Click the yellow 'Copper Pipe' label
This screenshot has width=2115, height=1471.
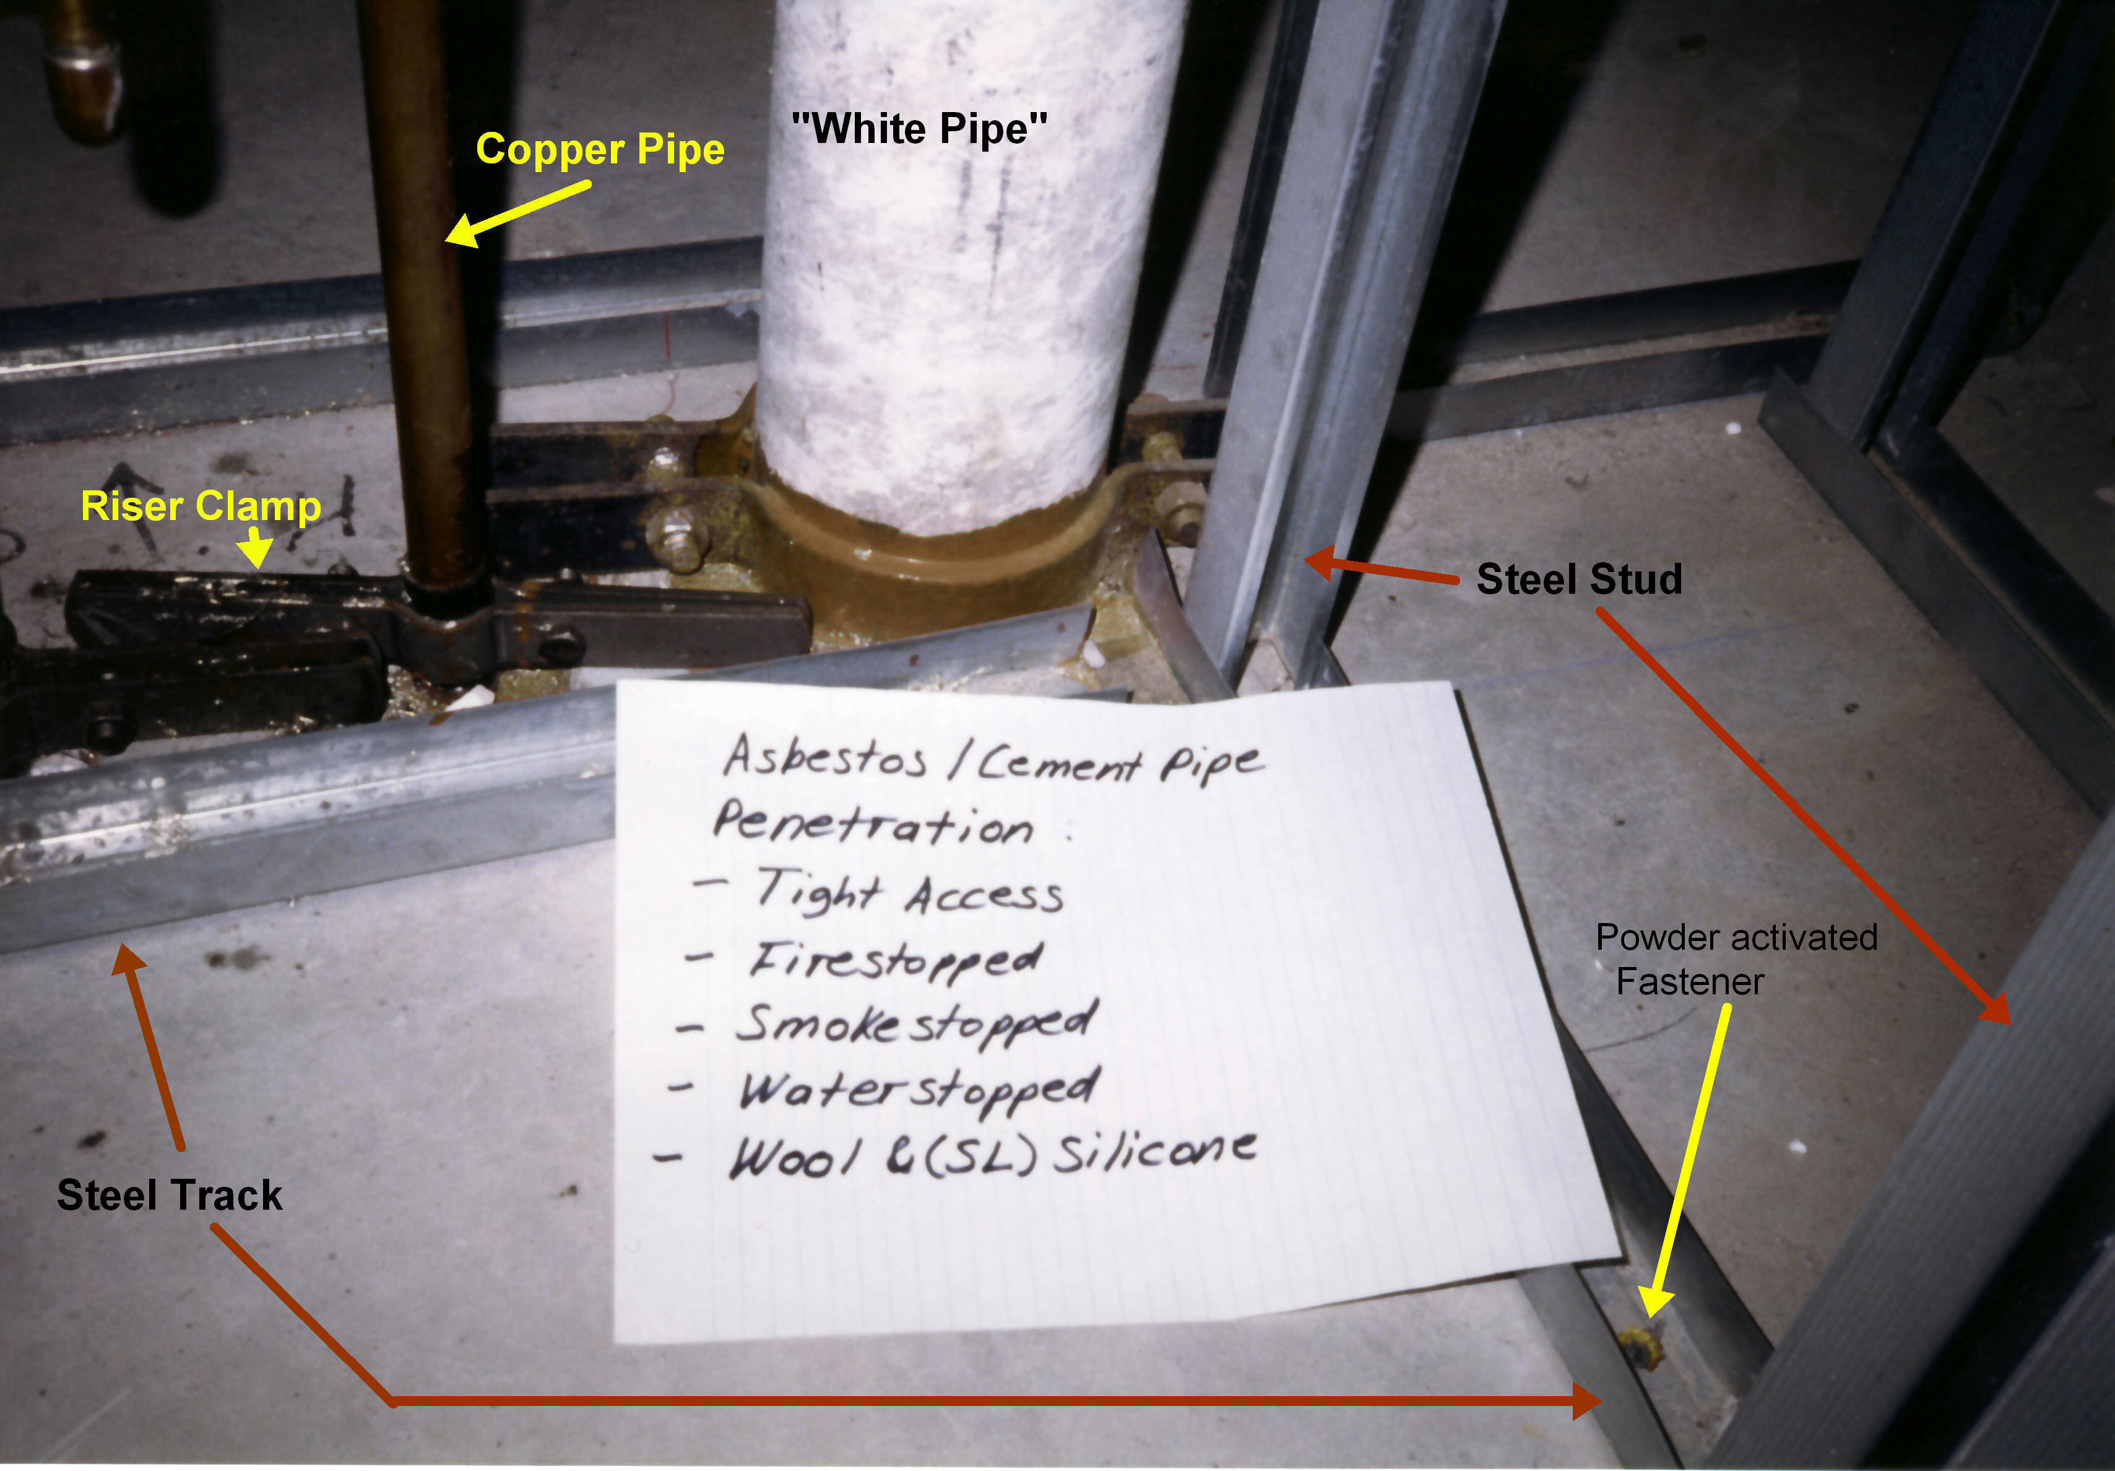[x=600, y=149]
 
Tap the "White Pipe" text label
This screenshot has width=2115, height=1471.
[x=919, y=128]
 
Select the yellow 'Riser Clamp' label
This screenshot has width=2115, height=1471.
[x=201, y=506]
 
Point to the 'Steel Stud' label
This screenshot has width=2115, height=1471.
[x=1579, y=578]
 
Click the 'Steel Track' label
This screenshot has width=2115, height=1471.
[x=170, y=1195]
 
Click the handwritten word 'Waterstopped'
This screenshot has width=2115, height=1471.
[x=919, y=1090]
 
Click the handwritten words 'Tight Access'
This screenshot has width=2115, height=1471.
[x=909, y=892]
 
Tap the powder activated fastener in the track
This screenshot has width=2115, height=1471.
[x=1641, y=1347]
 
